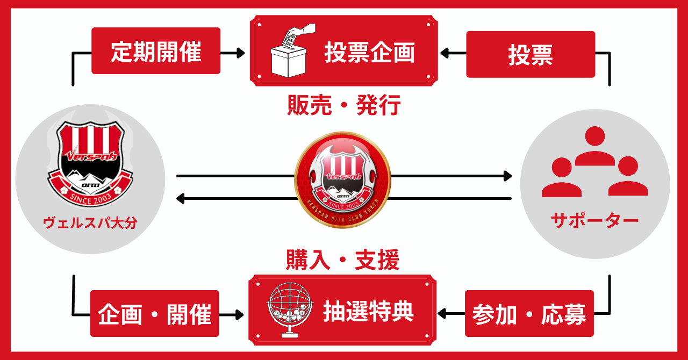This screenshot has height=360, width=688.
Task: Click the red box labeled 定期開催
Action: (156, 51)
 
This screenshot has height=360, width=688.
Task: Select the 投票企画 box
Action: (344, 51)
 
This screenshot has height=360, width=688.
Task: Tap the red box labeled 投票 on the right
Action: (531, 54)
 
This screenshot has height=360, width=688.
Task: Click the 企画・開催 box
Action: (155, 314)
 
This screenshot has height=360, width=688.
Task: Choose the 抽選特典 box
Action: (342, 310)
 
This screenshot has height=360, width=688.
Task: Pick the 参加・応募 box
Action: (529, 314)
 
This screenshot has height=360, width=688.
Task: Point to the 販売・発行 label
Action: (343, 106)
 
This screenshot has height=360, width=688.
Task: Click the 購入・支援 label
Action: (342, 262)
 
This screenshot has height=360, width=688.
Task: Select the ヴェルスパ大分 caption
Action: (90, 222)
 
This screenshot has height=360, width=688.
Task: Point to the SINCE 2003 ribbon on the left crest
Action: (90, 197)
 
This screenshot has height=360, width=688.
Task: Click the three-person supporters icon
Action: (595, 162)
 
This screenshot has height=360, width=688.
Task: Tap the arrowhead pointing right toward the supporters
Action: (506, 176)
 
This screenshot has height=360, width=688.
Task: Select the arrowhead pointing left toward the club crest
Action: (181, 199)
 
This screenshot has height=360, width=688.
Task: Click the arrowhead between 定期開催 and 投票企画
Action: (240, 53)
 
